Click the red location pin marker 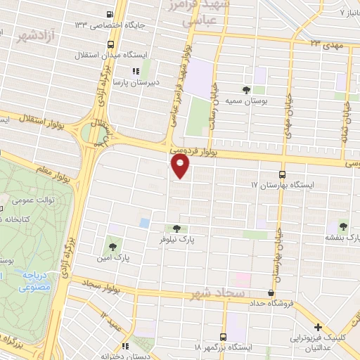pyautogui.click(x=181, y=167)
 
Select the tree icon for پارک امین pyautogui.click(x=112, y=246)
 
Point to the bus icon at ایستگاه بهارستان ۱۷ pyautogui.click(x=283, y=174)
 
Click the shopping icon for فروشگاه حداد pyautogui.click(x=271, y=292)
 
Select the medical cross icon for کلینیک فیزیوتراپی pyautogui.click(x=319, y=327)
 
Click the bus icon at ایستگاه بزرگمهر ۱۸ pyautogui.click(x=224, y=337)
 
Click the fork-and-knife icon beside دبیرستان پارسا pyautogui.click(x=136, y=70)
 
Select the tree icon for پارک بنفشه pyautogui.click(x=342, y=226)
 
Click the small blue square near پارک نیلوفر pyautogui.click(x=144, y=223)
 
